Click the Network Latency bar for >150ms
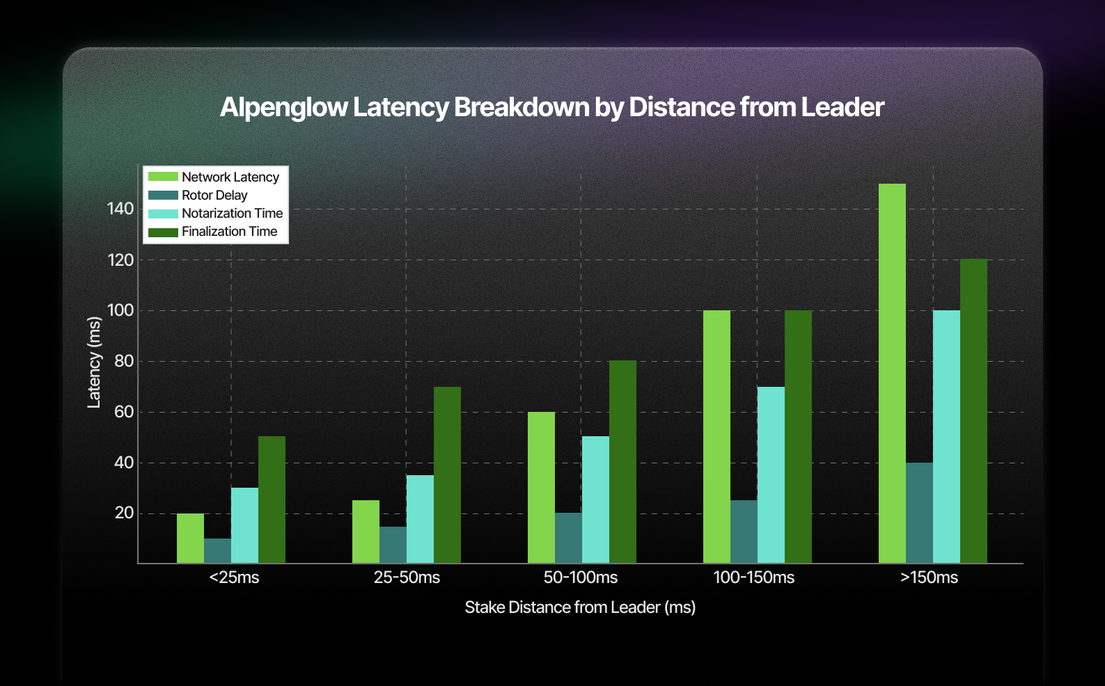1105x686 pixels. click(892, 374)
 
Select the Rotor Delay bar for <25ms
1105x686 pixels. click(217, 550)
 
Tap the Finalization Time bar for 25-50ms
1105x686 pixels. click(447, 474)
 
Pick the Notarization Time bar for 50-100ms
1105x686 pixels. click(595, 500)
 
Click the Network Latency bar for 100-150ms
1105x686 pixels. click(716, 437)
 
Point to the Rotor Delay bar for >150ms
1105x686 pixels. click(919, 513)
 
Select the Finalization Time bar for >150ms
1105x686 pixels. click(973, 411)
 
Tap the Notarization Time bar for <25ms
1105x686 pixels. click(244, 525)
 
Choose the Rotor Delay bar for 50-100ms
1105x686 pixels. click(568, 538)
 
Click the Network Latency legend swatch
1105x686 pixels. click(163, 177)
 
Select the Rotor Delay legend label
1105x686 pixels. click(214, 196)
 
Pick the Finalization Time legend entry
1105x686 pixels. click(229, 232)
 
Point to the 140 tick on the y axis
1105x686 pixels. click(120, 209)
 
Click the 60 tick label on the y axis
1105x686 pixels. click(124, 412)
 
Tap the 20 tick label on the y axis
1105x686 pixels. click(124, 513)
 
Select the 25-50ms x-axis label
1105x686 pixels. click(407, 577)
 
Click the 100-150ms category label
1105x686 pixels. click(753, 577)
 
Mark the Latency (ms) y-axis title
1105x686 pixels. click(94, 362)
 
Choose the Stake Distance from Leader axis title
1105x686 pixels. click(579, 607)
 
